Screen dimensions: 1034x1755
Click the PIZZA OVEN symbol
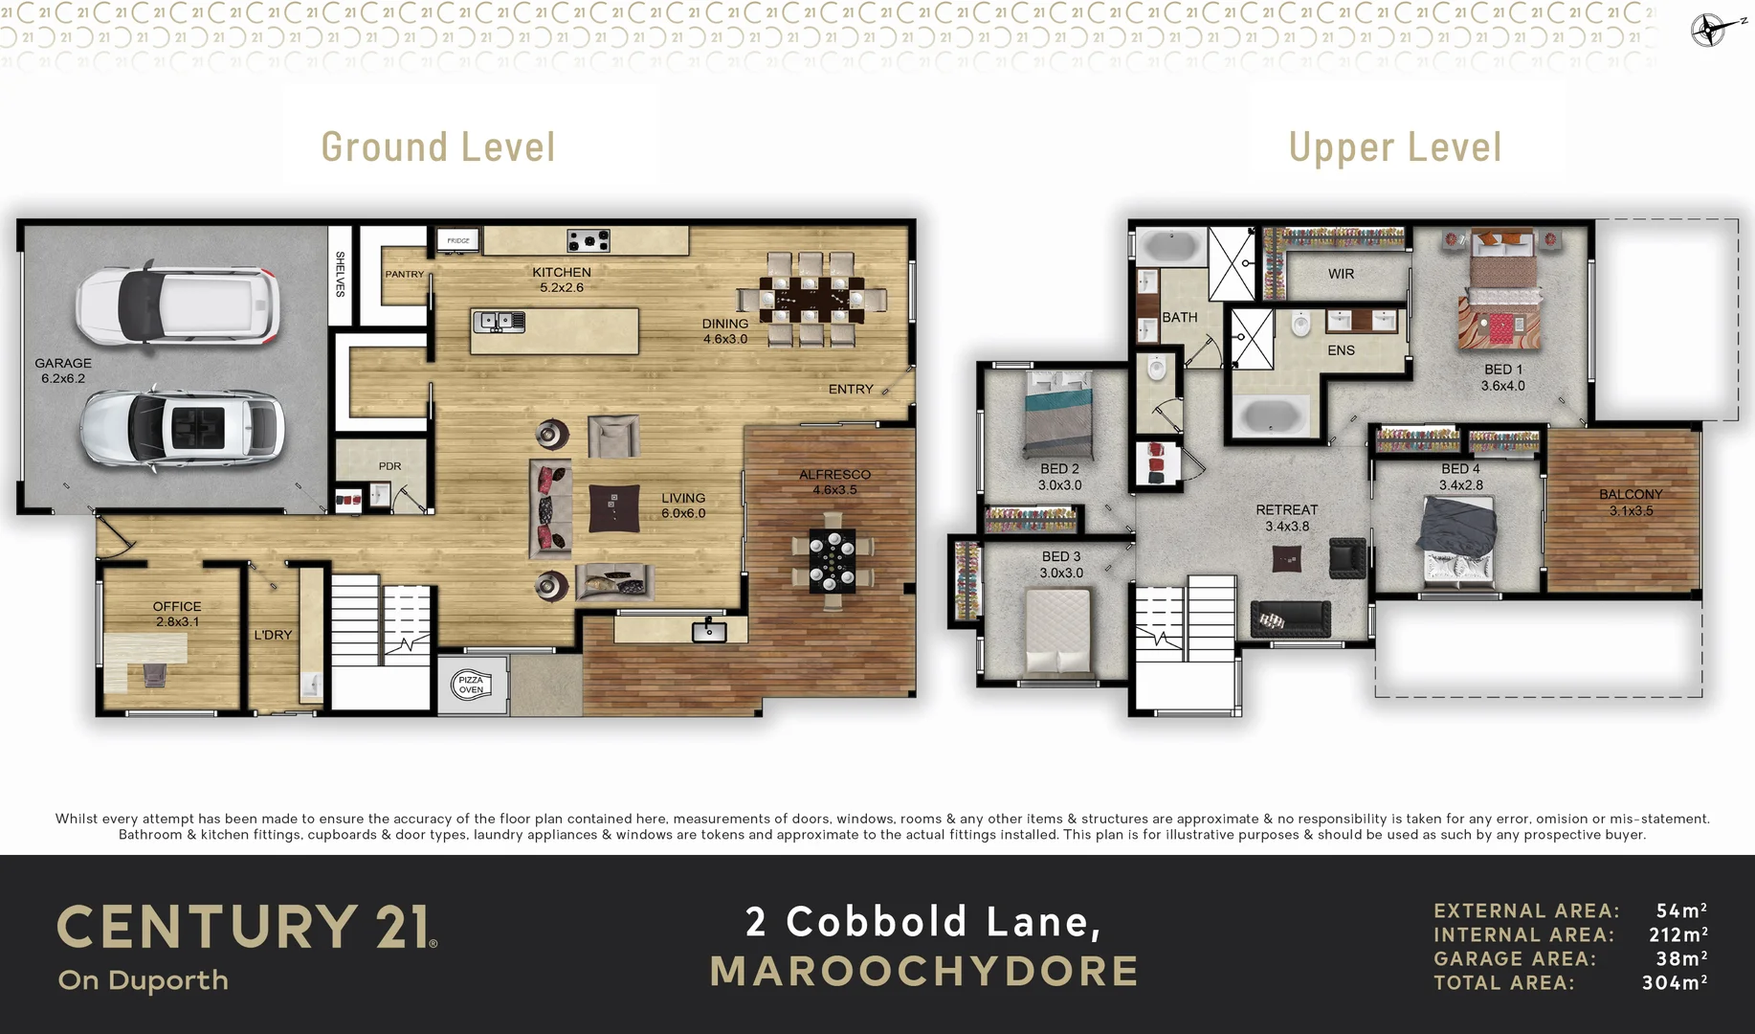coord(471,685)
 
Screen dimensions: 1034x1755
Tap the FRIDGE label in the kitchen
coord(458,240)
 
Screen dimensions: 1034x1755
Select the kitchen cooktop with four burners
coord(588,240)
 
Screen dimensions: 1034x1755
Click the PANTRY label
coord(404,275)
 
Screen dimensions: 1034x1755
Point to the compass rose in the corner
coord(1709,30)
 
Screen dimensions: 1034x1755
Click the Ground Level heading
coord(438,147)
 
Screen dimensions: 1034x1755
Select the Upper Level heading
coord(1394,147)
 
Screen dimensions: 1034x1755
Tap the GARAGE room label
coord(63,364)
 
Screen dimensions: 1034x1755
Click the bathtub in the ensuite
coord(1269,416)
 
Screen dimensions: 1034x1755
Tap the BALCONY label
coord(1631,495)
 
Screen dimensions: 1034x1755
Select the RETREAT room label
coord(1286,510)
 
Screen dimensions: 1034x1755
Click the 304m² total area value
coord(1674,982)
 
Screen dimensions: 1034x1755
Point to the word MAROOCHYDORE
coord(924,971)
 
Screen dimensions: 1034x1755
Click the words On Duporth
coord(144,980)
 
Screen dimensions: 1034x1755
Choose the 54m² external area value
coord(1681,910)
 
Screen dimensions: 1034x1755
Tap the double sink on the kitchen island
coord(499,322)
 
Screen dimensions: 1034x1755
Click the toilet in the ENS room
coord(1300,325)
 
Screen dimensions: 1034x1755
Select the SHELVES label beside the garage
coord(340,274)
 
